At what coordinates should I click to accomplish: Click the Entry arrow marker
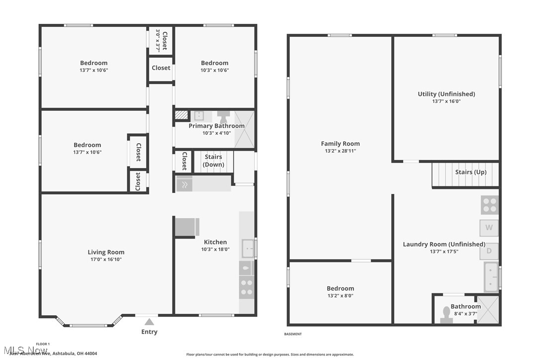(149, 323)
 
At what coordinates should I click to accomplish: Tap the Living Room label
(106, 252)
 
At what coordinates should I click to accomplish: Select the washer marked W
(489, 228)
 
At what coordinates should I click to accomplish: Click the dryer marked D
(489, 251)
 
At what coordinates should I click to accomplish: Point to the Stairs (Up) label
(470, 172)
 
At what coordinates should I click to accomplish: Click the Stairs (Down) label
(214, 161)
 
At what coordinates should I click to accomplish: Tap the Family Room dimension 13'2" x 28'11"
(340, 151)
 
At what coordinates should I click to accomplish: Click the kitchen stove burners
(246, 286)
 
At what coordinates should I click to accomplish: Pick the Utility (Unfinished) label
(446, 94)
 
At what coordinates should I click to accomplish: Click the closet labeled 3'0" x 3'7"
(161, 41)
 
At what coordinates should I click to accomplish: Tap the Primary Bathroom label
(216, 126)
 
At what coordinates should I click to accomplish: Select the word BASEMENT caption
(293, 334)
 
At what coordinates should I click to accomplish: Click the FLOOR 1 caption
(43, 344)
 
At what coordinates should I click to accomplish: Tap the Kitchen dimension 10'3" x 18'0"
(215, 250)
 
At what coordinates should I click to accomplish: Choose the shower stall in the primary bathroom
(244, 130)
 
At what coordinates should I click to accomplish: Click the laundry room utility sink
(491, 277)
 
